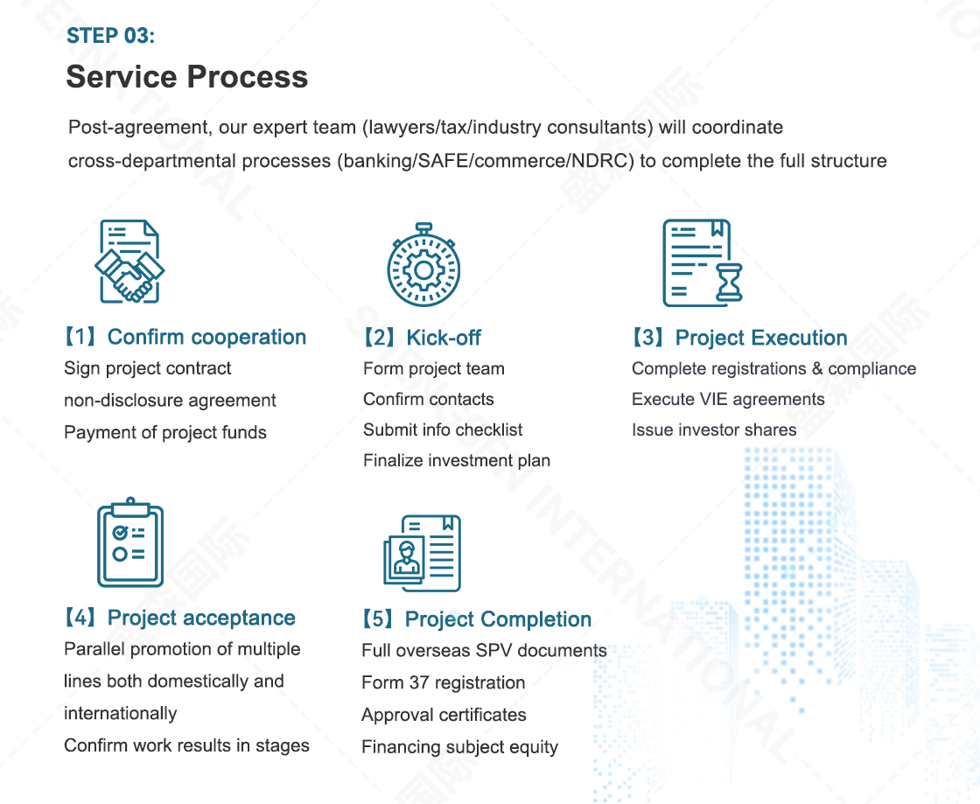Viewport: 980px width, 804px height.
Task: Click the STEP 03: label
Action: click(x=110, y=36)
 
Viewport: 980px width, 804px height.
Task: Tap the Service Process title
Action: click(x=187, y=77)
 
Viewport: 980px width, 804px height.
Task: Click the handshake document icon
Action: click(x=129, y=261)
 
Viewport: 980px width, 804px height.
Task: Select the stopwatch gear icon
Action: click(x=423, y=264)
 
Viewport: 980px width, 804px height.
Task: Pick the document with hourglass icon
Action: click(x=703, y=262)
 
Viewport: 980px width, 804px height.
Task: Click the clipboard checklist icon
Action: click(x=130, y=542)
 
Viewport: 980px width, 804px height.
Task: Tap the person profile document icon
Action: click(x=423, y=554)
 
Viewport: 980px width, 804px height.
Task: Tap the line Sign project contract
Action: click(x=148, y=368)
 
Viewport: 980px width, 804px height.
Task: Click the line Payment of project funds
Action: click(x=165, y=432)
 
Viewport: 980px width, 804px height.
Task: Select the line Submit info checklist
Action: click(x=443, y=430)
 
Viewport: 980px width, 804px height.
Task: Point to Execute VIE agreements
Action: click(x=728, y=399)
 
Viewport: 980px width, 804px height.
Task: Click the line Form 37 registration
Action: click(x=443, y=682)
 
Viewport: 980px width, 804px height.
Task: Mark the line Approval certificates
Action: click(x=444, y=715)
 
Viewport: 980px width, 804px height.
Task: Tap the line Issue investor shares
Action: click(x=714, y=430)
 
